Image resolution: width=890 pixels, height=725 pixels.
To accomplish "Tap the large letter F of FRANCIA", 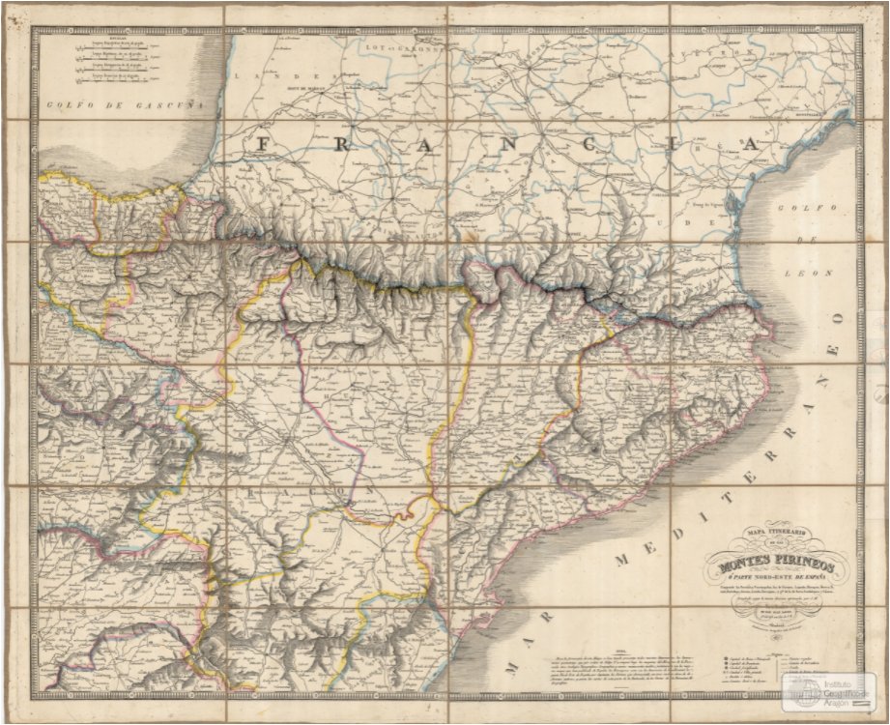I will point(264,143).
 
